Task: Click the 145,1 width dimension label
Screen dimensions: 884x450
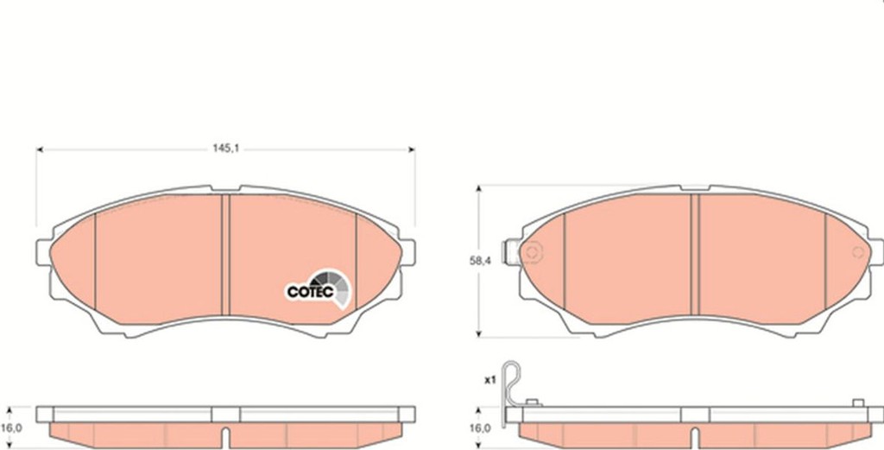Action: pyautogui.click(x=225, y=149)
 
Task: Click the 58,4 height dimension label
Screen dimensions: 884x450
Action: pyautogui.click(x=480, y=261)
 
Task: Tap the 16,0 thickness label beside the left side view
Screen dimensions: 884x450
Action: pyautogui.click(x=12, y=428)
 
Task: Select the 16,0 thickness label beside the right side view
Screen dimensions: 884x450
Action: pyautogui.click(x=481, y=428)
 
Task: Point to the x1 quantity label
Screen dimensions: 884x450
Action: pyautogui.click(x=490, y=380)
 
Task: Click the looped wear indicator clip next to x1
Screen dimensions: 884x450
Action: pyautogui.click(x=511, y=384)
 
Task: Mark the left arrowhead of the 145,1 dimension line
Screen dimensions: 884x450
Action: pyautogui.click(x=40, y=149)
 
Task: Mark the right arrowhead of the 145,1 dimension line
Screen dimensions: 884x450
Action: pyautogui.click(x=412, y=149)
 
